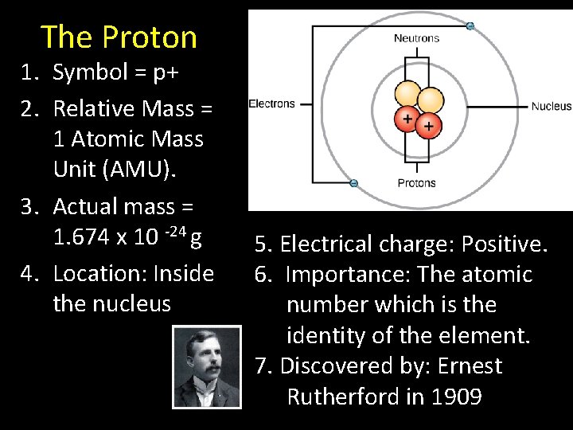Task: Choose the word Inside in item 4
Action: pos(184,273)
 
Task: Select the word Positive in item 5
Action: pos(506,244)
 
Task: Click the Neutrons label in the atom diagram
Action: pos(416,38)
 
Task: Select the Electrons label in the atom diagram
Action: pos(271,104)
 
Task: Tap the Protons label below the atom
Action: pos(416,183)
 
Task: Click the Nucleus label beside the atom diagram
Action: pos(551,106)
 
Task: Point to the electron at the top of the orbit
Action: pos(470,26)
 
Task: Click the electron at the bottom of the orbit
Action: pos(354,183)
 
